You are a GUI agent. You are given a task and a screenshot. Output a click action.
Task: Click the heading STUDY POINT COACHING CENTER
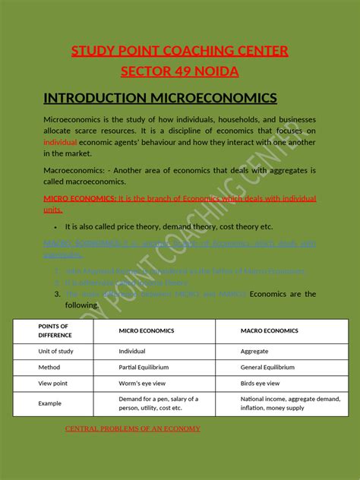coord(180,52)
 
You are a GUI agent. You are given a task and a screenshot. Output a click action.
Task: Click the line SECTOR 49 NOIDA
coord(180,71)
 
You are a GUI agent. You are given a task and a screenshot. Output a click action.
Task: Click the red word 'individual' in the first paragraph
coord(60,142)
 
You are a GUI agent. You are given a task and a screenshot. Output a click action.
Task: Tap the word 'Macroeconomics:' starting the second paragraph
coord(71,171)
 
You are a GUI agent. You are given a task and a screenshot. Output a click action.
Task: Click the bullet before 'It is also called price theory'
coord(56,227)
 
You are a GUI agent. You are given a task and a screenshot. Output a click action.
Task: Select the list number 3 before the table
coord(57,294)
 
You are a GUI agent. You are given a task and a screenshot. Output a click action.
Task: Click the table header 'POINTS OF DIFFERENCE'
coord(55,330)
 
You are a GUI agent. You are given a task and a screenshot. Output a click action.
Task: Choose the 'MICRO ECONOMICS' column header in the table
coord(147,330)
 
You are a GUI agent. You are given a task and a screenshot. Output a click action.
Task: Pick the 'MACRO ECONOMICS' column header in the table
coord(270,330)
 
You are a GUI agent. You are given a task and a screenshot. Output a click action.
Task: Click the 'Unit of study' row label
coord(56,352)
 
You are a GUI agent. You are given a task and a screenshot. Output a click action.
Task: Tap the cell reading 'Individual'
coord(132,352)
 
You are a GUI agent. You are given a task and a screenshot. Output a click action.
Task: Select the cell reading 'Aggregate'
coord(254,352)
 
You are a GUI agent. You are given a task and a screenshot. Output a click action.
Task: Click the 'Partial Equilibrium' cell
coord(143,368)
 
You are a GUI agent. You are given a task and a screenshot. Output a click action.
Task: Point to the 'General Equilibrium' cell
coord(267,368)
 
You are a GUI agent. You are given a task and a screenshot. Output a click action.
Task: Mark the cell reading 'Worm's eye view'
coord(142,384)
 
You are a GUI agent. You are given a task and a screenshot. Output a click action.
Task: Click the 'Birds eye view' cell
coord(261,384)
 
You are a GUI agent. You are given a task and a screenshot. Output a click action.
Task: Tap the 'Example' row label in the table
coord(50,403)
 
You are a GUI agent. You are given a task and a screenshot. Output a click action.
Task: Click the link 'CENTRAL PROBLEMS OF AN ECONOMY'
coord(133,429)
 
